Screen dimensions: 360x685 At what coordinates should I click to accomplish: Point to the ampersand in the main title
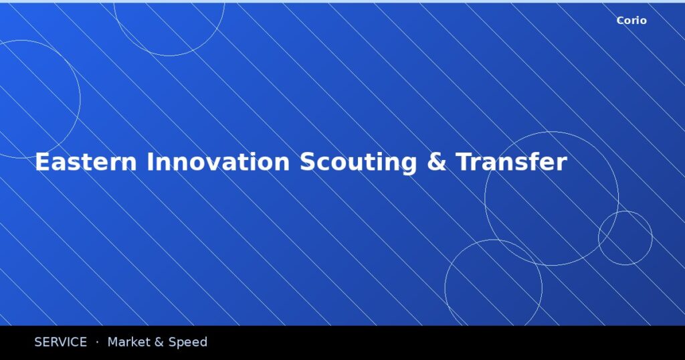(x=436, y=162)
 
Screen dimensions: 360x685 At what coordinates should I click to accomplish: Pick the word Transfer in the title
(x=511, y=162)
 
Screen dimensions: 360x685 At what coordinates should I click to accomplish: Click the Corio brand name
(x=631, y=21)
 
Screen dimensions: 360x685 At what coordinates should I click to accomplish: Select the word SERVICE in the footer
(x=60, y=342)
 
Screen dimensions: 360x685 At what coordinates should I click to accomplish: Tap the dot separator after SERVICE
(x=97, y=342)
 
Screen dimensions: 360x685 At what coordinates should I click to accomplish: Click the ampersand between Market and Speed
(x=159, y=342)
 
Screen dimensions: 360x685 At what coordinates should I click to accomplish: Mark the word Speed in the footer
(x=187, y=342)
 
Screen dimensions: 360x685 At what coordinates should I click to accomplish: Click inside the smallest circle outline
(x=625, y=238)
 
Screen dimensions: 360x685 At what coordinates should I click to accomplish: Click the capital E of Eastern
(x=41, y=162)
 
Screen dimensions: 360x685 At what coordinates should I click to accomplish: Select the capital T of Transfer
(x=462, y=162)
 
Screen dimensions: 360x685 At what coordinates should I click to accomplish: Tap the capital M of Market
(x=113, y=342)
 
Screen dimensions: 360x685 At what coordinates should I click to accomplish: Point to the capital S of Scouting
(x=307, y=162)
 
